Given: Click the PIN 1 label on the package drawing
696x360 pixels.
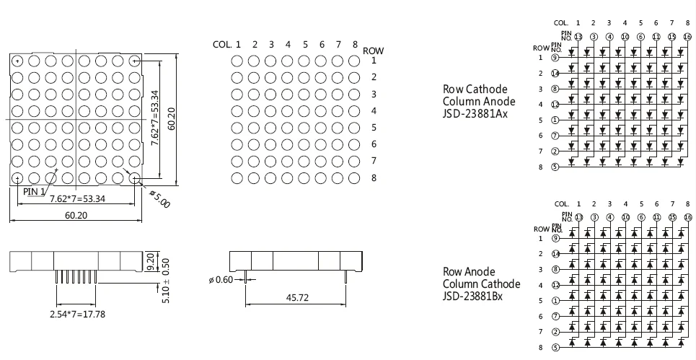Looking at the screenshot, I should click(x=34, y=192).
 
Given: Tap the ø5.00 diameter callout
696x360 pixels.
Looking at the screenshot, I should click(x=159, y=198).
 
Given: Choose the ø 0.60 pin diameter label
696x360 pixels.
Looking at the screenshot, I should click(x=220, y=279).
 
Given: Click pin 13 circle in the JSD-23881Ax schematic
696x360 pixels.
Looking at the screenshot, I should click(x=578, y=36).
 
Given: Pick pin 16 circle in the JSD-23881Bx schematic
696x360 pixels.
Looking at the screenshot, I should click(x=687, y=217).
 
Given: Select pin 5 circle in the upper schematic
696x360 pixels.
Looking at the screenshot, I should click(x=555, y=167).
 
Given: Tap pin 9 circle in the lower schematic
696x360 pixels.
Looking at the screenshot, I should click(x=555, y=238).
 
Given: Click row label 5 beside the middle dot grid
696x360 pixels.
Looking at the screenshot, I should click(x=373, y=128).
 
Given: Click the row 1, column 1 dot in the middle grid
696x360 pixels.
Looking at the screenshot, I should click(x=237, y=61).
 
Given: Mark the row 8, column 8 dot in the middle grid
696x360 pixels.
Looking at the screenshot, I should click(x=354, y=177).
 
